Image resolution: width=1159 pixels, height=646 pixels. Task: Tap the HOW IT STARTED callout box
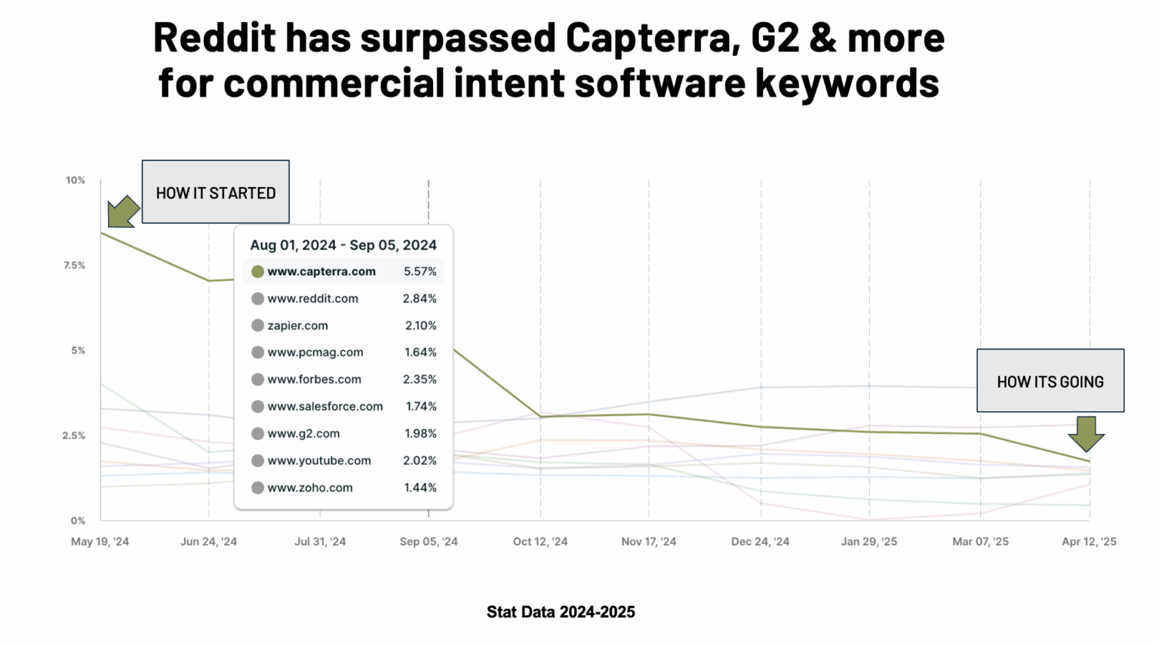[x=216, y=192]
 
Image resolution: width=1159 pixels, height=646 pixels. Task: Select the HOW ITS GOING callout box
[x=1050, y=381]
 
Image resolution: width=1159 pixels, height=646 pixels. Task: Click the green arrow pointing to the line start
[x=122, y=211]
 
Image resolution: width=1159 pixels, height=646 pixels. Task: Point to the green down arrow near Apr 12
[x=1086, y=434]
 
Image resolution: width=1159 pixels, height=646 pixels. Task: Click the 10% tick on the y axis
[x=75, y=180]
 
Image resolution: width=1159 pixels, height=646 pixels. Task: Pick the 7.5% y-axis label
[x=74, y=266]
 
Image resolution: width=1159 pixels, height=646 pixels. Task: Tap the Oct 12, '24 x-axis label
[x=540, y=542]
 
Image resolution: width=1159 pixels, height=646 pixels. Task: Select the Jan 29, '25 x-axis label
[x=868, y=542]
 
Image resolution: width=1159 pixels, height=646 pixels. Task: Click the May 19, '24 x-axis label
[x=100, y=542]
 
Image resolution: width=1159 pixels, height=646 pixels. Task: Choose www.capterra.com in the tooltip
[x=321, y=272]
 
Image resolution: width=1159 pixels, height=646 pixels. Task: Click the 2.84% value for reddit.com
[x=420, y=299]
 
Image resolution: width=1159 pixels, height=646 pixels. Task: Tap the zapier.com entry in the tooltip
[x=298, y=326]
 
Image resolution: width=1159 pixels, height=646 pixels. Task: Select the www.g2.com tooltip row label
[x=303, y=434]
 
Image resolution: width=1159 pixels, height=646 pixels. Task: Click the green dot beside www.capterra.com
[x=257, y=272]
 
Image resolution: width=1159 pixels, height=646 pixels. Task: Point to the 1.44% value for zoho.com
[x=420, y=488]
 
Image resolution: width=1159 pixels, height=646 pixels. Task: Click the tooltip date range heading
[x=343, y=245]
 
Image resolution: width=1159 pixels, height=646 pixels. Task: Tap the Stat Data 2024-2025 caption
[x=561, y=612]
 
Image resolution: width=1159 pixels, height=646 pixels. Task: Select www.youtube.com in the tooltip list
[x=319, y=461]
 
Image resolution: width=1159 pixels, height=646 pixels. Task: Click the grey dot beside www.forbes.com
[x=257, y=380]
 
